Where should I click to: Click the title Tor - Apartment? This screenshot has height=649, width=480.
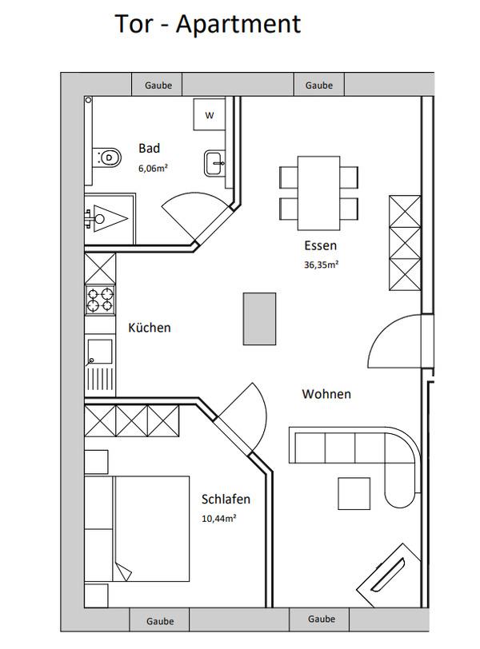pos(207,24)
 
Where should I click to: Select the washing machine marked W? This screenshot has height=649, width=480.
pos(209,114)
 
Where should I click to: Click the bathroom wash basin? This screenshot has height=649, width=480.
pos(214,163)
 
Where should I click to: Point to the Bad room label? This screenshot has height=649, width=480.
pos(149,148)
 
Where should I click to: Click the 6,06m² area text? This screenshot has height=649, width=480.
pos(153,168)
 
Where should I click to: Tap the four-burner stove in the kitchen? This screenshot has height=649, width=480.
pos(100,300)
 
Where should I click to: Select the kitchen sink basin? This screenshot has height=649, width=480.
pos(99,352)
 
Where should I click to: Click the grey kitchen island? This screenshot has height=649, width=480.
pos(259,319)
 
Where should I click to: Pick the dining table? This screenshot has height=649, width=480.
pos(319,193)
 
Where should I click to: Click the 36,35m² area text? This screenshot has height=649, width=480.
pos(322,265)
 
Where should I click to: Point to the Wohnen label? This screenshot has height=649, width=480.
pos(326,393)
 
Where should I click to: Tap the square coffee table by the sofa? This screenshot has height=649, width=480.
pos(354,493)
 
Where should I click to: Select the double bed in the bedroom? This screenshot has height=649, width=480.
pos(150,528)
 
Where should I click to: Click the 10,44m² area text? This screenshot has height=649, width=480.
pos(218,518)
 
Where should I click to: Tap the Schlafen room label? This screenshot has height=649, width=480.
pos(226,500)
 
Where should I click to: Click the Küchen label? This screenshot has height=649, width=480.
pos(150,328)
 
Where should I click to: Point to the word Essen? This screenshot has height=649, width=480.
pos(321,245)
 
